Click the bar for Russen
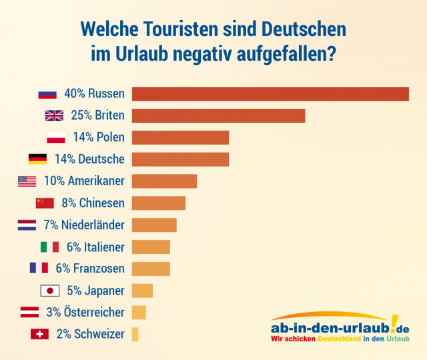click(270, 94)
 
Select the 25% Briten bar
click(218, 116)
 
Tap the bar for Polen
click(180, 138)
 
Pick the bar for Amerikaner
click(164, 181)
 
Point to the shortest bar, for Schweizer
click(135, 334)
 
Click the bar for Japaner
click(142, 291)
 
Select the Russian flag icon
click(47, 94)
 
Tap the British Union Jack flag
click(54, 116)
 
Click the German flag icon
click(37, 159)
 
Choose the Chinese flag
click(45, 203)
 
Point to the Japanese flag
click(51, 291)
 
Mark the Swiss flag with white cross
click(39, 334)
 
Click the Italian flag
click(50, 247)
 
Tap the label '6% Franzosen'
click(91, 268)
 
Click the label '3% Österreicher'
click(85, 313)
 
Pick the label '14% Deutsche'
click(89, 159)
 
